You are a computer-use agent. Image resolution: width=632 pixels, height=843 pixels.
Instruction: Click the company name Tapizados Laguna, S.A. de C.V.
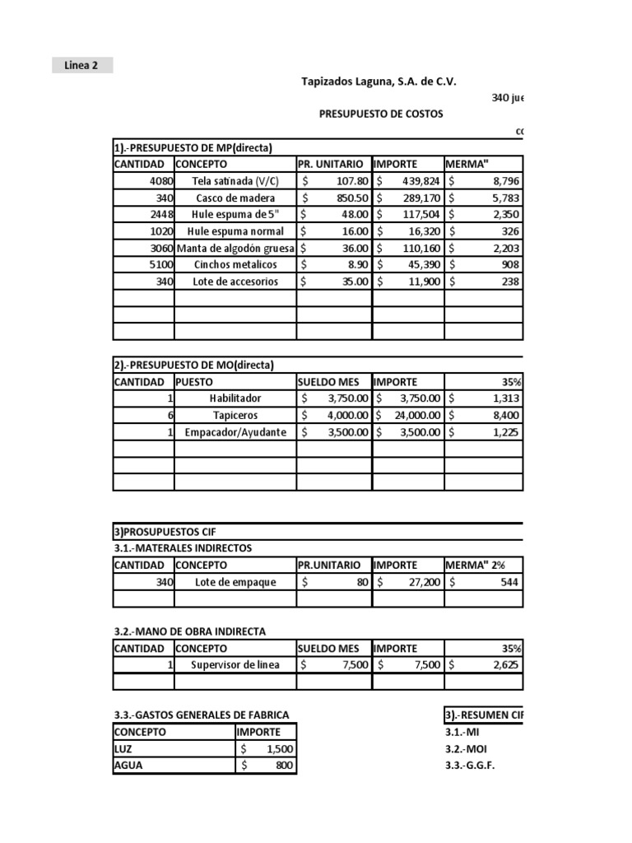pyautogui.click(x=379, y=82)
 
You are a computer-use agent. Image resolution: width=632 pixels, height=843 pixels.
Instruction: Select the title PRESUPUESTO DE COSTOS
pyautogui.click(x=380, y=114)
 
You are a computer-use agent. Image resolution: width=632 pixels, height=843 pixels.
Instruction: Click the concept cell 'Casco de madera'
pyautogui.click(x=235, y=198)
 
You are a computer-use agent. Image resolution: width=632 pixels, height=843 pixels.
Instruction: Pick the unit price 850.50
pyautogui.click(x=346, y=198)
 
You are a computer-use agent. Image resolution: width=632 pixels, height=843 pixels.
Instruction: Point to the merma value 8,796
pyautogui.click(x=502, y=181)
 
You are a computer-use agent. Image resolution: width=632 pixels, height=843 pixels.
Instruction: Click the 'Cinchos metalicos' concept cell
pyautogui.click(x=235, y=264)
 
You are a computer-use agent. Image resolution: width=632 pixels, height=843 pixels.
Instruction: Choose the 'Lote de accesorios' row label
pyautogui.click(x=235, y=282)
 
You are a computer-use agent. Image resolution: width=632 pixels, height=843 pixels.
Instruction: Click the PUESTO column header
pyautogui.click(x=194, y=382)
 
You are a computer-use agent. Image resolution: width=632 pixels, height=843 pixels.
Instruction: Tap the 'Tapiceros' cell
pyautogui.click(x=235, y=416)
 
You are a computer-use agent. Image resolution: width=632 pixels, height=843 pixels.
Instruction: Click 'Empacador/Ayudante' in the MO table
pyautogui.click(x=235, y=432)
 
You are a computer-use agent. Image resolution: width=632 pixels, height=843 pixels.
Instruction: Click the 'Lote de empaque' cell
pyautogui.click(x=235, y=582)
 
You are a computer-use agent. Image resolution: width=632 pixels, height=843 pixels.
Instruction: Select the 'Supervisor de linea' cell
pyautogui.click(x=235, y=665)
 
